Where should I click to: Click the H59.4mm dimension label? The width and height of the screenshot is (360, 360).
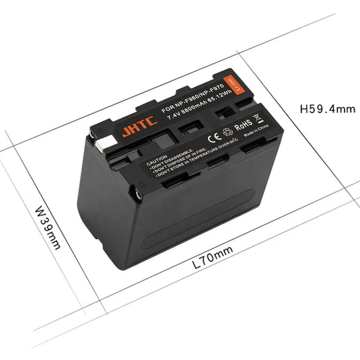point(326,108)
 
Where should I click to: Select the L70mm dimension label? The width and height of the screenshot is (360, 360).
point(213,252)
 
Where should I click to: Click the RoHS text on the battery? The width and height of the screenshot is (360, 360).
point(243,124)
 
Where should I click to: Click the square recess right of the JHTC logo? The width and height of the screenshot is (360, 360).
point(182,127)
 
